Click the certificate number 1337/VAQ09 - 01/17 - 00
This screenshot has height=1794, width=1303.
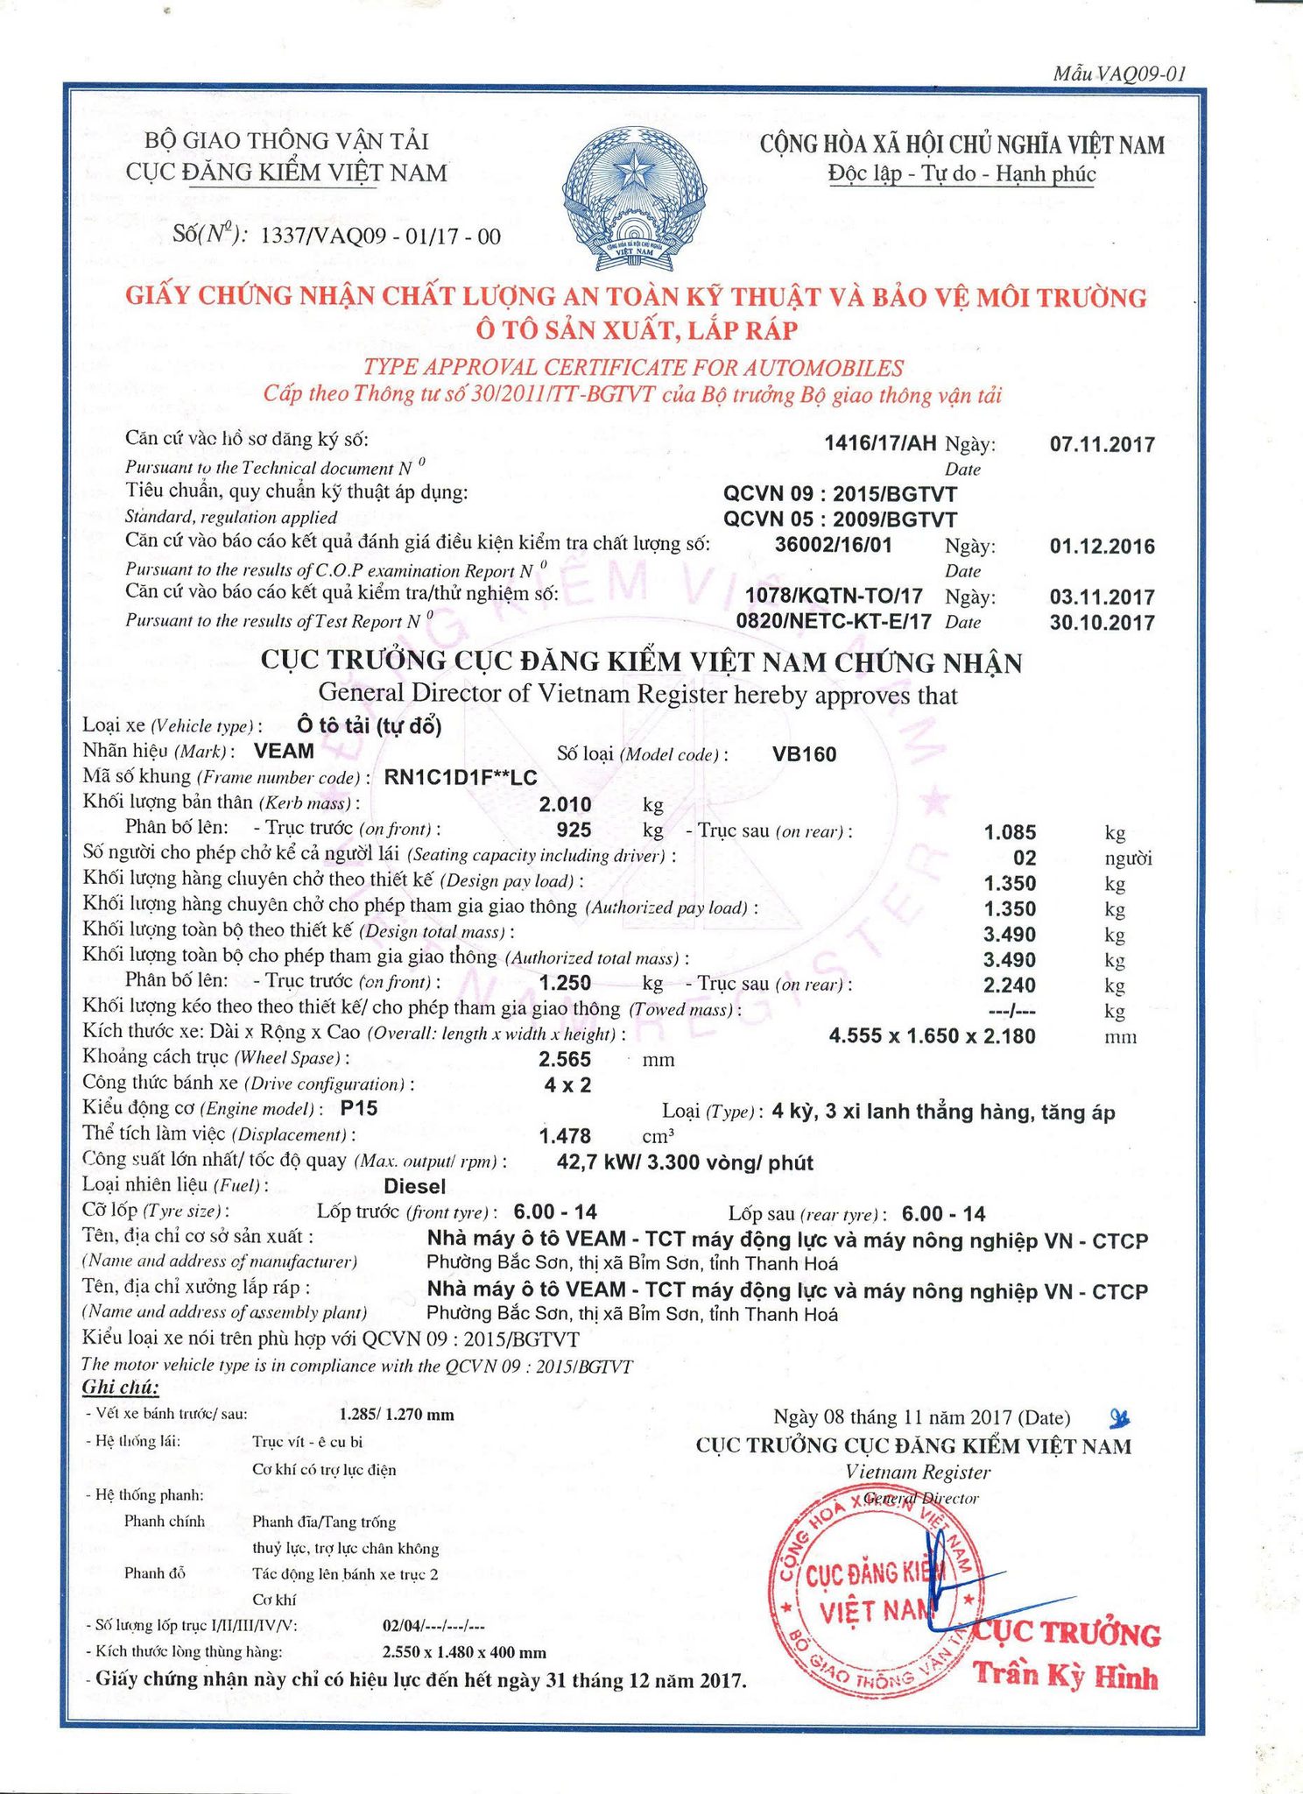(381, 236)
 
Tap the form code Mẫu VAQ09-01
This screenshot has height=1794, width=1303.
(1119, 74)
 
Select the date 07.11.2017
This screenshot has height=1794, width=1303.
(1102, 444)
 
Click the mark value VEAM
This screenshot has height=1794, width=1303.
(283, 751)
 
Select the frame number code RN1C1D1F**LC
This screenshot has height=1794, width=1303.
(461, 778)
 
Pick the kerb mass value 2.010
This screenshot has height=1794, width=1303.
(565, 804)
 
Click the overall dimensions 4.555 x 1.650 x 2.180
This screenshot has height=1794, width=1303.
(932, 1036)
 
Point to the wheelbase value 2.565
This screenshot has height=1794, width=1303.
(565, 1059)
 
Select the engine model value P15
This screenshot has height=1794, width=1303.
(359, 1108)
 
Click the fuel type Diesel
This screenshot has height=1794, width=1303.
(415, 1187)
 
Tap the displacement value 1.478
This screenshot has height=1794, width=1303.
(565, 1136)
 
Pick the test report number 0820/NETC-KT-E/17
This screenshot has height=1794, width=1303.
(834, 622)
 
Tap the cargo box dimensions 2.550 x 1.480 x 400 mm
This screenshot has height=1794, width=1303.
(464, 1652)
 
